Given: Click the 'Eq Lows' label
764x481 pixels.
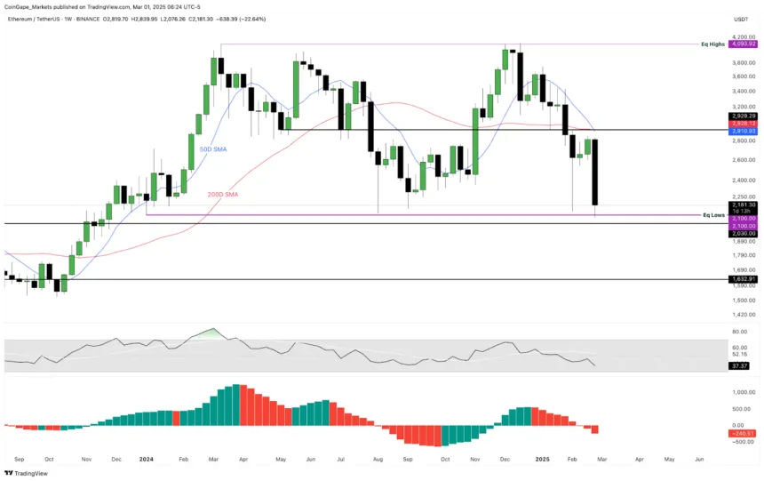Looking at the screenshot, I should (713, 214).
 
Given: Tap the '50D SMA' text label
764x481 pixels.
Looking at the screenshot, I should (212, 149).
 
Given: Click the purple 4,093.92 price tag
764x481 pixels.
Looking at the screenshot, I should (742, 44).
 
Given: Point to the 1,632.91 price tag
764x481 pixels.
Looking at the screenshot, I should (742, 279).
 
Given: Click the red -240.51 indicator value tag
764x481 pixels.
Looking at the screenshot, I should (742, 433).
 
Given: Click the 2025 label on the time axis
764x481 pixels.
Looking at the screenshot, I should (542, 459).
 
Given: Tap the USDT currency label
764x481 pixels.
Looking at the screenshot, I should (740, 19).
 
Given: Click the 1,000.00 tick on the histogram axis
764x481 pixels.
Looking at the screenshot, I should (742, 391).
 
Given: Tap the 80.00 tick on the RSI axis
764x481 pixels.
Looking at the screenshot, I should (740, 332).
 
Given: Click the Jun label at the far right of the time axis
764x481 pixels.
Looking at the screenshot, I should (699, 459).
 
